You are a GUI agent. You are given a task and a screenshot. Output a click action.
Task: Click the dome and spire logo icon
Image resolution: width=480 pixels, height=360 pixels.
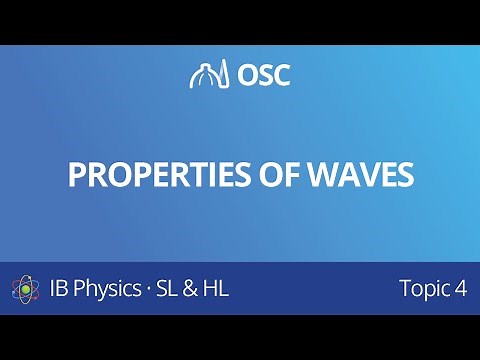(x=205, y=75)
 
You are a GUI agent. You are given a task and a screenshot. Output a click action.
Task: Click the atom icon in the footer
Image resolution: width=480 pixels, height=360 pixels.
(x=27, y=290)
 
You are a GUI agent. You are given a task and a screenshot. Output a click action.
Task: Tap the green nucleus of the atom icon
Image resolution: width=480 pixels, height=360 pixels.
(x=27, y=290)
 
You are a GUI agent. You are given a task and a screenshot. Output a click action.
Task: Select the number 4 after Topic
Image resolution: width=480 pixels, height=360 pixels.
(x=461, y=290)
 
